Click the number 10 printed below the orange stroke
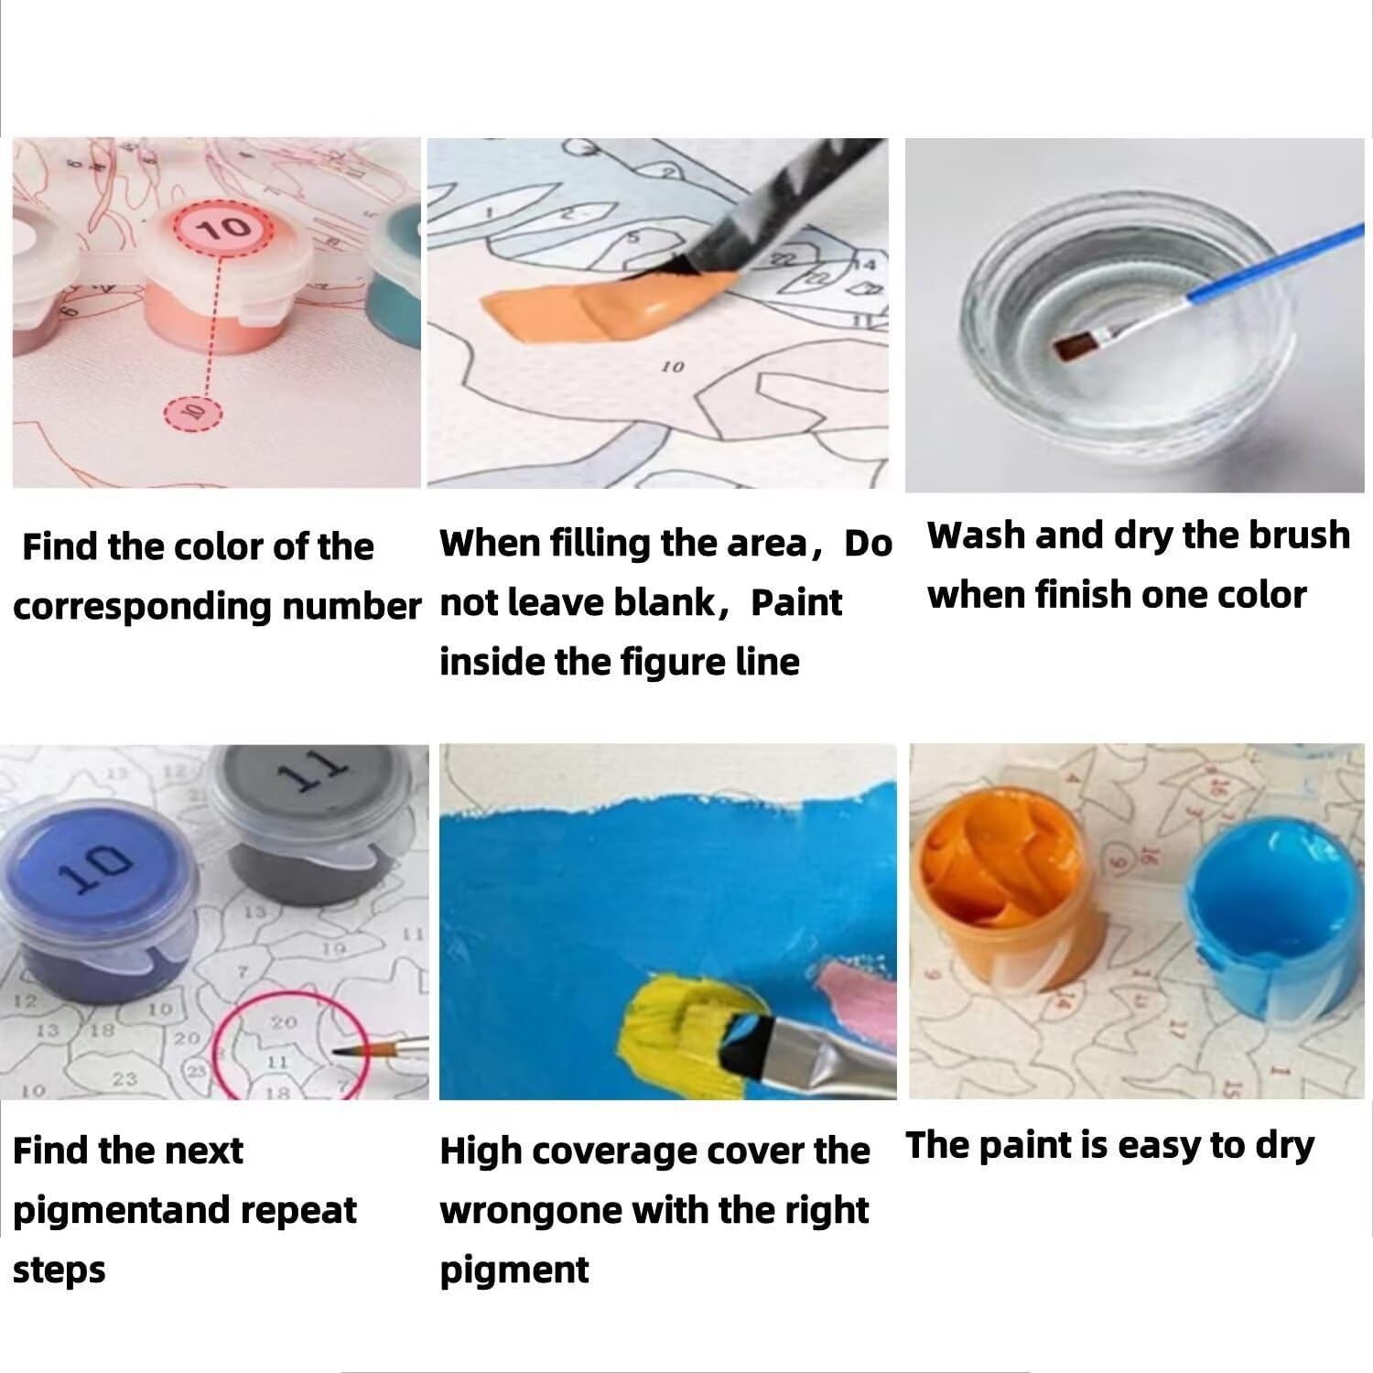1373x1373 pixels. click(x=673, y=367)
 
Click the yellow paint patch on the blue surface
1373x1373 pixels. click(x=682, y=1016)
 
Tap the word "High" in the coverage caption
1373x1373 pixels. click(x=480, y=1151)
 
